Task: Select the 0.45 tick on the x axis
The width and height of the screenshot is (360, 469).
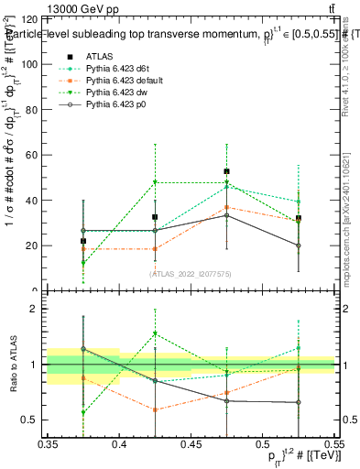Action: pos(191,444)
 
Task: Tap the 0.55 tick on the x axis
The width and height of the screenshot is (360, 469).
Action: pos(333,444)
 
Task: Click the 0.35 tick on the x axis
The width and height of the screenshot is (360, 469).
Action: pos(48,444)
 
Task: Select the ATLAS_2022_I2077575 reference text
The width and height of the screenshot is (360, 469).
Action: pos(191,273)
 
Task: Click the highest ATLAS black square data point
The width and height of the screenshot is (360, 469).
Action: pos(226,171)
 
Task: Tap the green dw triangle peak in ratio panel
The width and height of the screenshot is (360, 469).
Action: pos(155,333)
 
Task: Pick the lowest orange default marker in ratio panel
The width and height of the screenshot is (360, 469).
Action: pos(155,409)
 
